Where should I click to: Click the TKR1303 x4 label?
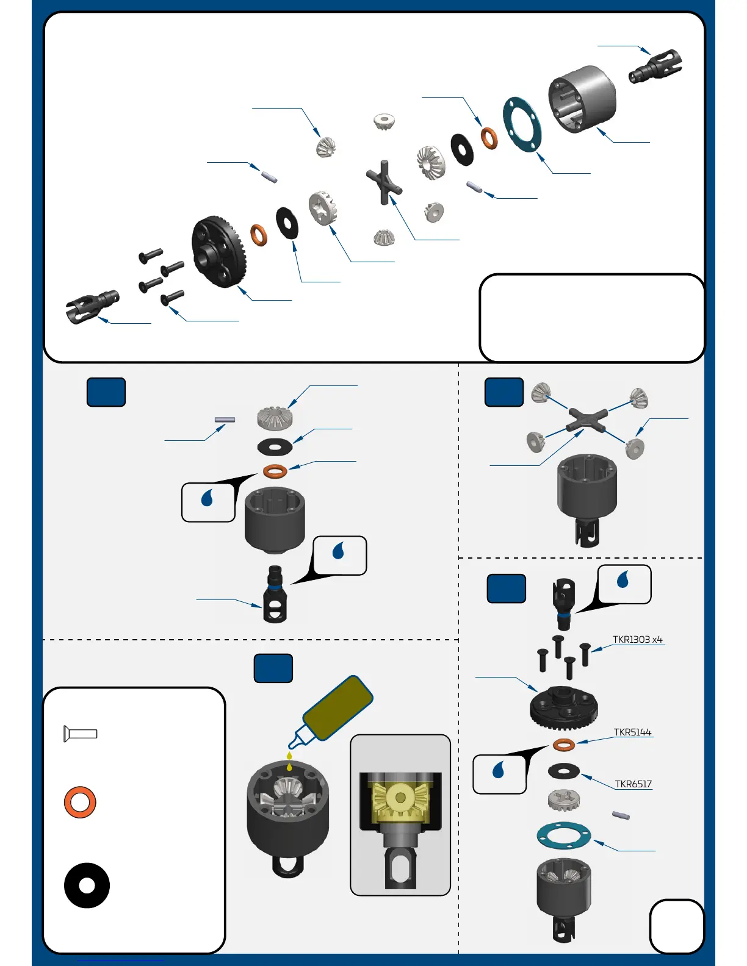point(637,640)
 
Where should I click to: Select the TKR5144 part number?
point(632,732)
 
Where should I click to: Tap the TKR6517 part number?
point(633,784)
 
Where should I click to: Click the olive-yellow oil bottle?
point(337,708)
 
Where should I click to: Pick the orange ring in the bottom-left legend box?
point(80,802)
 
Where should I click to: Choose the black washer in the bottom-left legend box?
point(87,885)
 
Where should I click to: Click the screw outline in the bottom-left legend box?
point(81,734)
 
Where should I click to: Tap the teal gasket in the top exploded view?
point(522,124)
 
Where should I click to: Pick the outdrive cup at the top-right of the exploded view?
point(655,66)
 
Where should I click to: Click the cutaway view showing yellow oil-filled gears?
point(400,815)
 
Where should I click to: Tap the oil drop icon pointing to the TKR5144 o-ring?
point(499,773)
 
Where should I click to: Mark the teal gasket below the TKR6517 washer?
point(563,835)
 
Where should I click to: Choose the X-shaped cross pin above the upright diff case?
point(587,420)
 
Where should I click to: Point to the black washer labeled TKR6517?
point(563,771)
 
